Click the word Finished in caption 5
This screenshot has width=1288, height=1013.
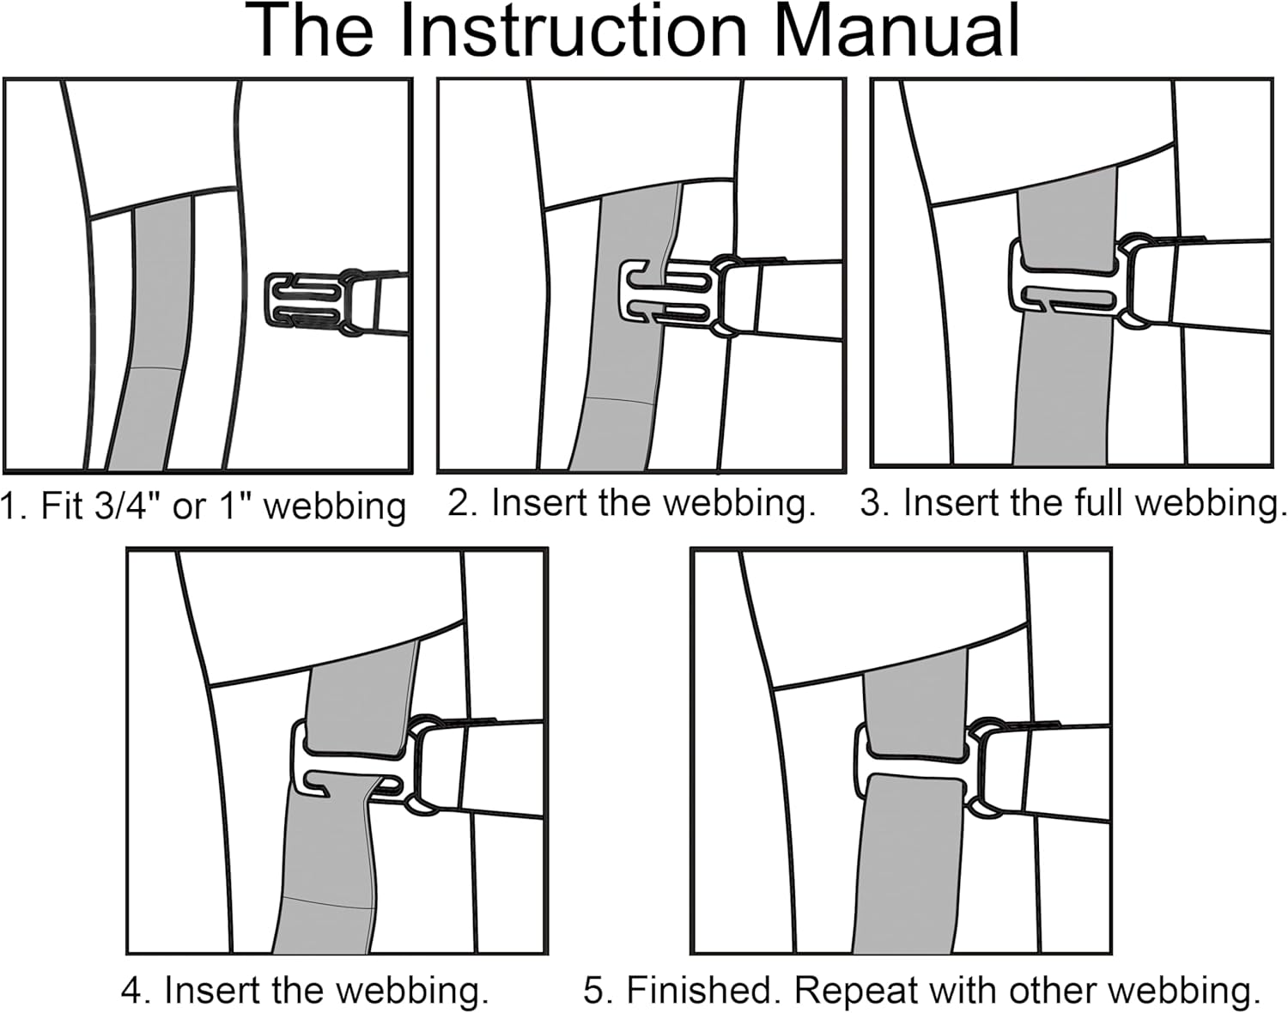(704, 990)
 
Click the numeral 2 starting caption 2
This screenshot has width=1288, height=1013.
(460, 503)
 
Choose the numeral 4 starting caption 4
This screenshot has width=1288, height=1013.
(132, 990)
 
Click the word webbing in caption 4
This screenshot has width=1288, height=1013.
(410, 990)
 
